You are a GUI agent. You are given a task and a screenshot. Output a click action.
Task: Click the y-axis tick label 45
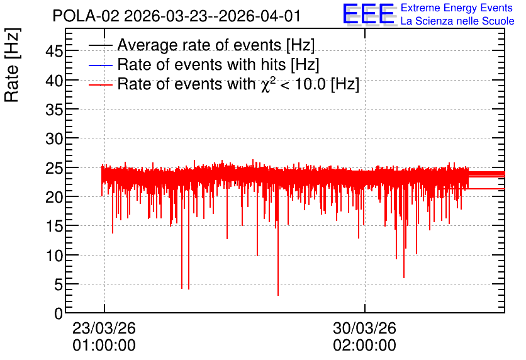click(x=54, y=52)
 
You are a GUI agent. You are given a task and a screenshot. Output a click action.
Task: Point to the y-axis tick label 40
click(x=54, y=81)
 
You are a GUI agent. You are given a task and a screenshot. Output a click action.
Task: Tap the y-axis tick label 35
click(x=54, y=110)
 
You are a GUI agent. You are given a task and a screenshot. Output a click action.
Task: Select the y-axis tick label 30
click(x=54, y=138)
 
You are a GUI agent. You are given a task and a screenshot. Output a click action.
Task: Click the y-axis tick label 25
click(x=54, y=168)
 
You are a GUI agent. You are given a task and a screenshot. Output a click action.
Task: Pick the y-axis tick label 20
click(x=54, y=197)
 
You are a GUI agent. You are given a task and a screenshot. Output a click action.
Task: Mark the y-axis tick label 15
click(x=54, y=227)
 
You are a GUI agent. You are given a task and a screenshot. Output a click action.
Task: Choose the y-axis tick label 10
click(x=54, y=256)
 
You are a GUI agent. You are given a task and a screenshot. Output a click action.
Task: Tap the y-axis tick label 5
click(x=59, y=285)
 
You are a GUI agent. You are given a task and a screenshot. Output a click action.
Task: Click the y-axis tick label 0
click(x=59, y=313)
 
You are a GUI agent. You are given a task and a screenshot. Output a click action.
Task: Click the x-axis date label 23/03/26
click(x=104, y=328)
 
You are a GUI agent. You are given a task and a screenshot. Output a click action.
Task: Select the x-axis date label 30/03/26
click(x=365, y=328)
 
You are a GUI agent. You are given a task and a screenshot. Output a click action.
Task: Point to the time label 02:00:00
click(x=365, y=346)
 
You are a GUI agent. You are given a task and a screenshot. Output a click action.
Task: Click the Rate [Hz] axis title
click(x=12, y=65)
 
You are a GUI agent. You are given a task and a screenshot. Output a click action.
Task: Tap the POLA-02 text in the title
click(x=86, y=16)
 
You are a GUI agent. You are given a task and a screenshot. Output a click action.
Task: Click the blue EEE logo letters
click(x=369, y=14)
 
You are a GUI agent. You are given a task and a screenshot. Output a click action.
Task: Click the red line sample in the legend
click(x=100, y=85)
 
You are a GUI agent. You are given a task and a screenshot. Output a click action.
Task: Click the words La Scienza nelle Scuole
click(x=457, y=21)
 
